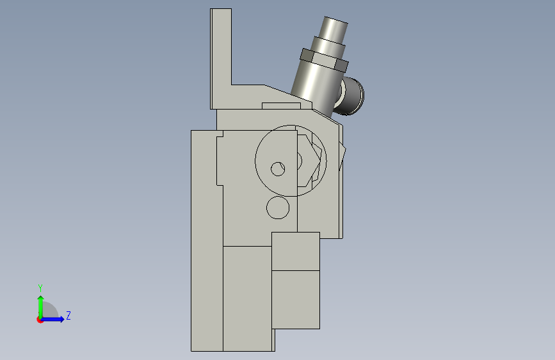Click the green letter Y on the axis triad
tap(40, 288)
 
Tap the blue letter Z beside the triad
tap(68, 315)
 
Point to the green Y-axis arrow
tap(41, 307)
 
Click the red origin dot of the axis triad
tap(40, 320)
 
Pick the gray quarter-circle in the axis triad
tap(49, 310)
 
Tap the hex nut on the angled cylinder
tap(324, 60)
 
